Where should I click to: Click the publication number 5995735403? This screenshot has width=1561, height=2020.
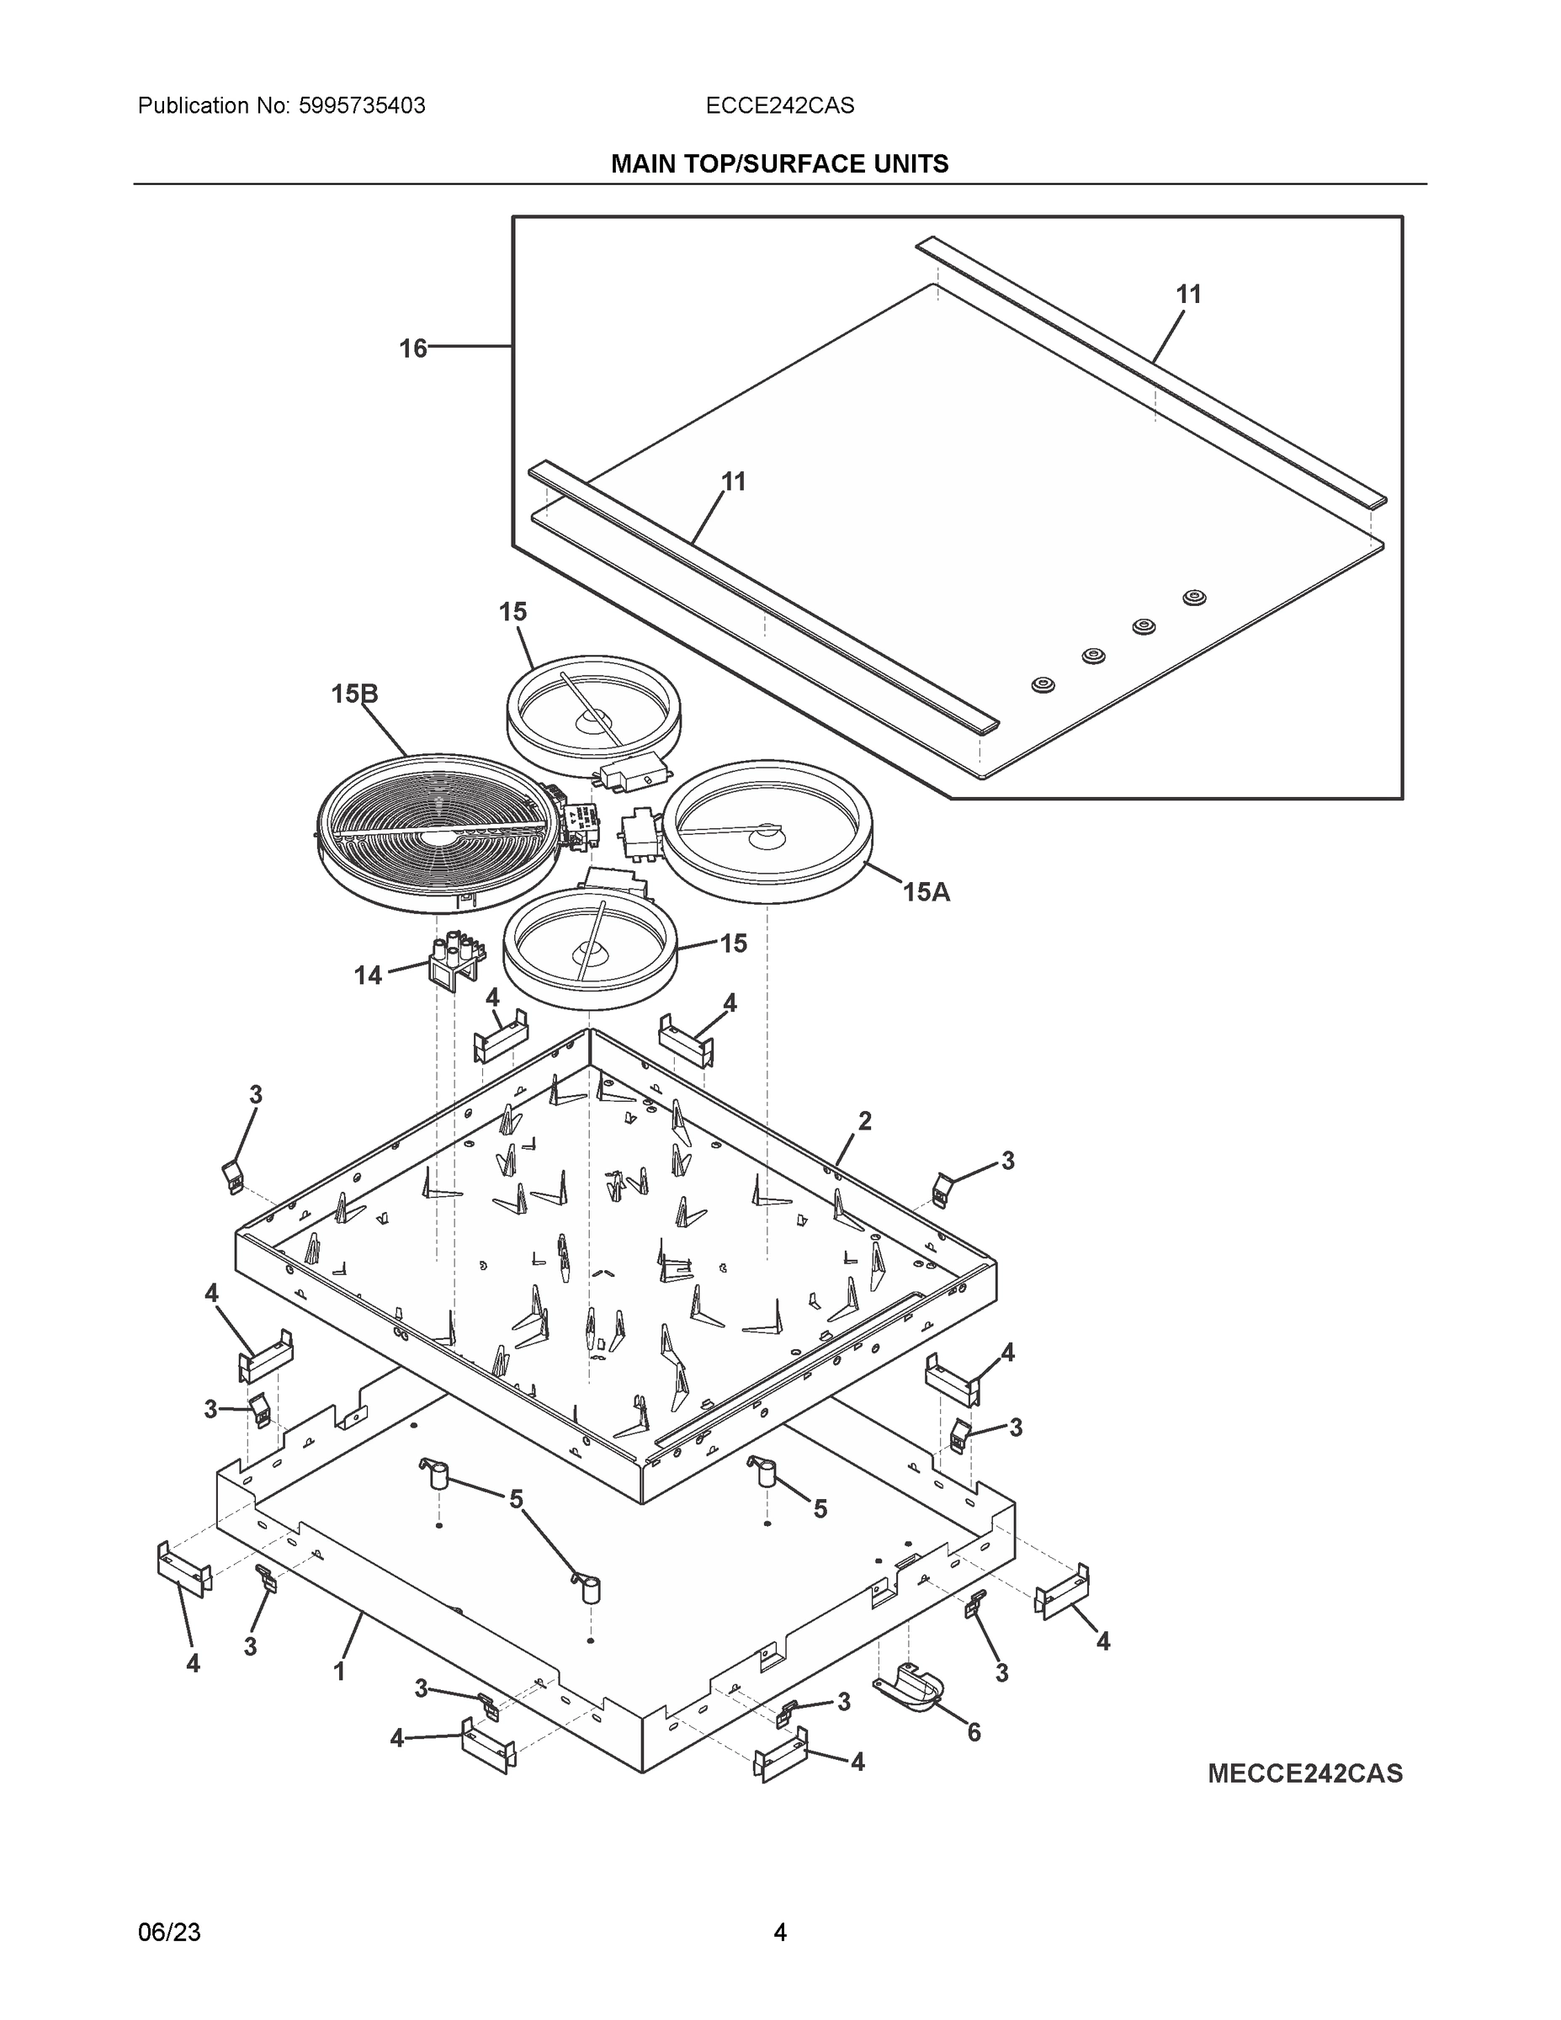coord(362,106)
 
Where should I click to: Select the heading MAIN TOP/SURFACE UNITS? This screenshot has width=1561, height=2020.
coord(779,165)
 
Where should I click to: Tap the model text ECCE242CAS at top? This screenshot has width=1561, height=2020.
coord(779,106)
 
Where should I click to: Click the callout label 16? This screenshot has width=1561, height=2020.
coord(412,348)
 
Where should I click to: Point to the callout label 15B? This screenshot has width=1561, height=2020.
coord(355,694)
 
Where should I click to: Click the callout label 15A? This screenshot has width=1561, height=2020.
coord(926,892)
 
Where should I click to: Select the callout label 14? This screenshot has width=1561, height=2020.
coord(368,975)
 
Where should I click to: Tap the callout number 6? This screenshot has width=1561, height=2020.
coord(974,1732)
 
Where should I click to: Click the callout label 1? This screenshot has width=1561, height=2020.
coord(339,1672)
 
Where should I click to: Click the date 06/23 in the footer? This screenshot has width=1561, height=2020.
coord(169,1932)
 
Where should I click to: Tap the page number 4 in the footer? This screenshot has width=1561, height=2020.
coord(779,1932)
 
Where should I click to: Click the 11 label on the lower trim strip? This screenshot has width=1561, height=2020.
coord(733,482)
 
